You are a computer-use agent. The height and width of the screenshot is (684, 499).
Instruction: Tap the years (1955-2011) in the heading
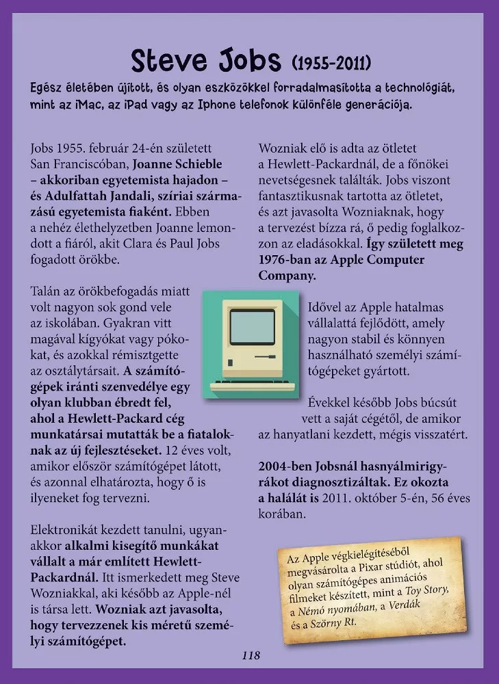[331, 64]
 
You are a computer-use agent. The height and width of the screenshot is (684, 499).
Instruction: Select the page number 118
[251, 655]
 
